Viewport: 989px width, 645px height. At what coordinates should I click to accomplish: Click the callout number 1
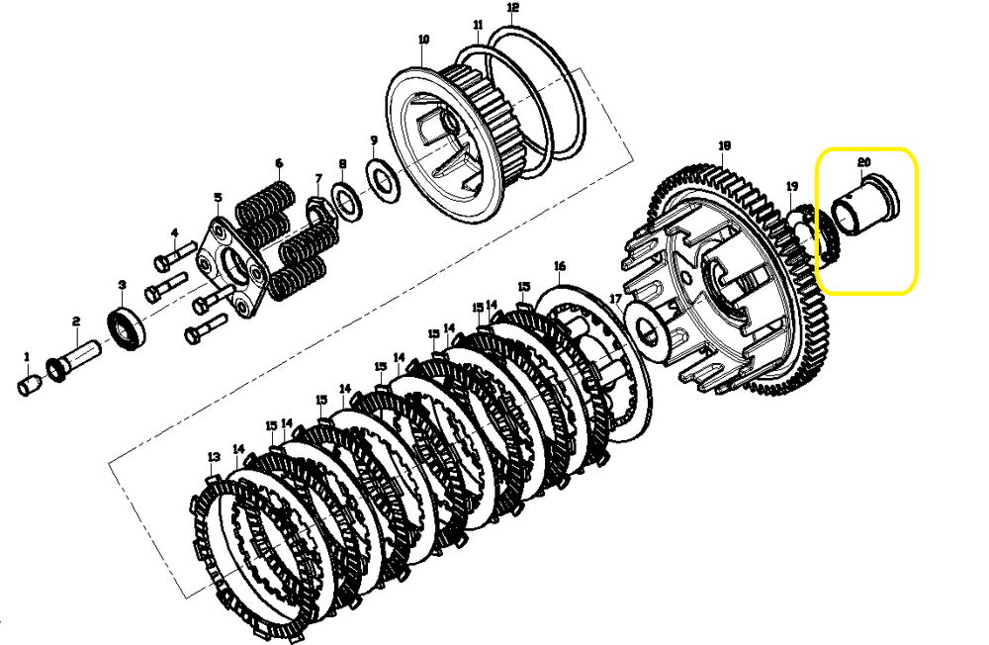(27, 357)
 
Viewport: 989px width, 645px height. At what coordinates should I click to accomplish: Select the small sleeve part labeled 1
(28, 385)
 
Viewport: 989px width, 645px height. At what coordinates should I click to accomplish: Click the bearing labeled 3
(127, 323)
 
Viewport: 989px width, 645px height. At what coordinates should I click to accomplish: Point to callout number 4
(175, 232)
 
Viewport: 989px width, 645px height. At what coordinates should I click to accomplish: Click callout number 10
(423, 40)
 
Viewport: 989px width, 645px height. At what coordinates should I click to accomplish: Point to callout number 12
(512, 8)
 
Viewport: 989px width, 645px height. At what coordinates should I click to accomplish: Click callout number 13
(214, 456)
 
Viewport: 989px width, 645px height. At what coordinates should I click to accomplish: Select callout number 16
(560, 266)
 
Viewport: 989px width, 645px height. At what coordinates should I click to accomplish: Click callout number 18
(724, 145)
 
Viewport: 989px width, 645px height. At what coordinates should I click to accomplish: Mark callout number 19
(792, 186)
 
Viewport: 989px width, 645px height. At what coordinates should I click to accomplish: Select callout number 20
(863, 163)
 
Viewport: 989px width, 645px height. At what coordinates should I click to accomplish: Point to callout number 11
(478, 25)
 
